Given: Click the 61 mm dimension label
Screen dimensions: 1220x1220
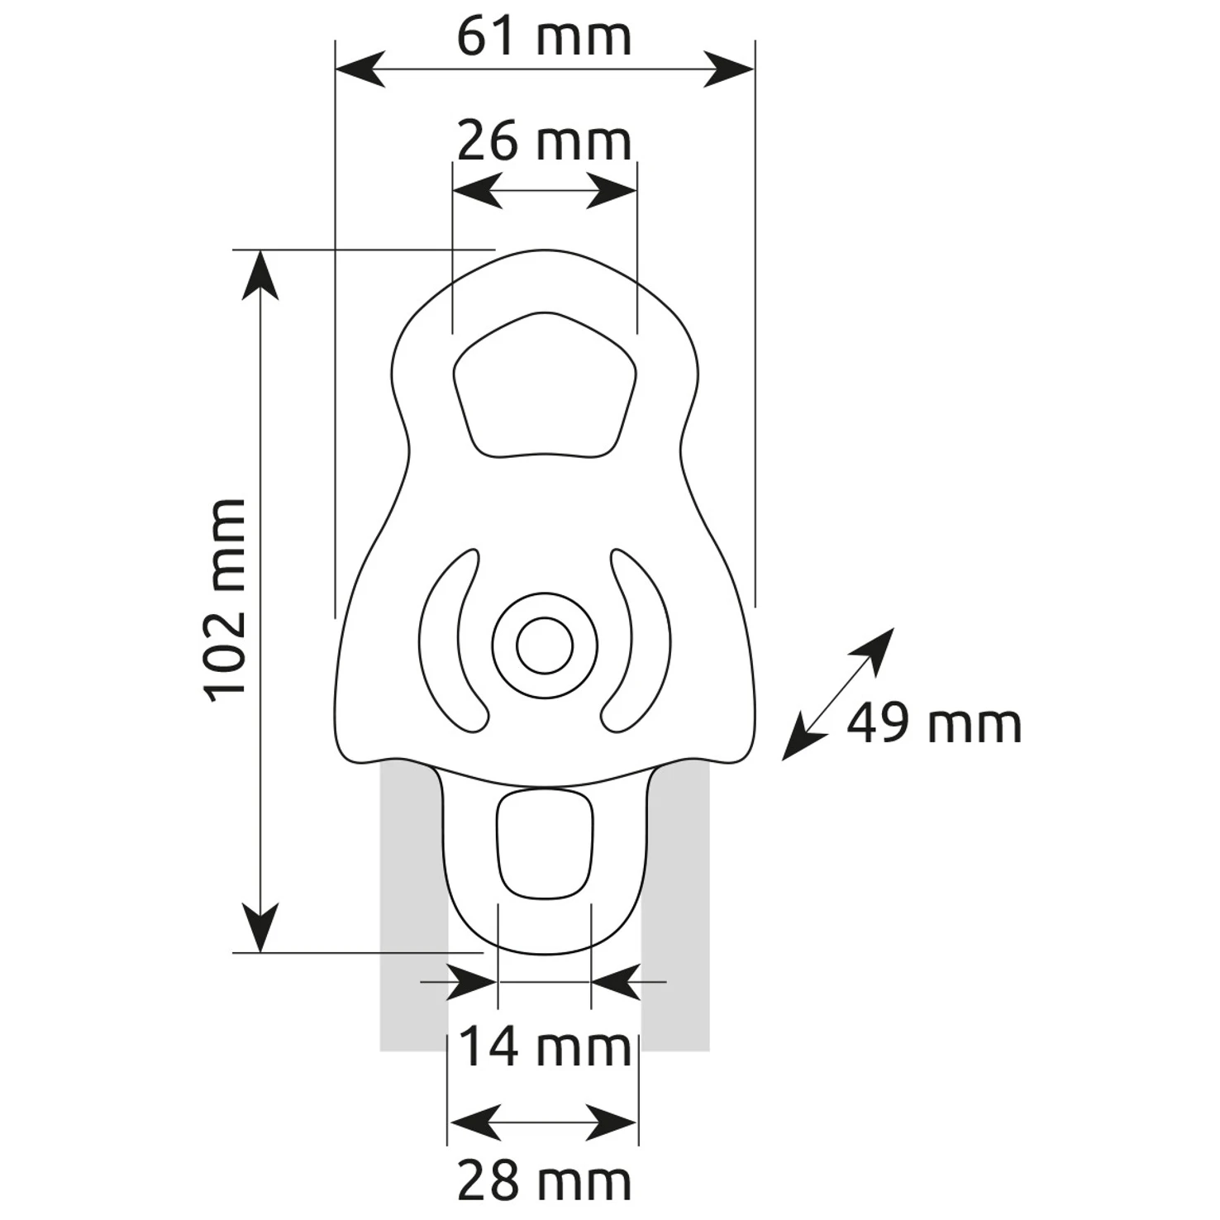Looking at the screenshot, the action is (544, 37).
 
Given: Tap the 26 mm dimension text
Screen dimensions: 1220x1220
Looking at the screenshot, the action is (544, 141).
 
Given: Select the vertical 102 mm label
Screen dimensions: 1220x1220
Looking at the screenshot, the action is (226, 601).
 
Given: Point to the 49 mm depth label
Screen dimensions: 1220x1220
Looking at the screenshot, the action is (934, 724).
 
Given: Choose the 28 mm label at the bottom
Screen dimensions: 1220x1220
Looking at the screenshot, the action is (544, 1182).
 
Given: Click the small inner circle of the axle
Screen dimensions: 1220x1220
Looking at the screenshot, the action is (545, 645).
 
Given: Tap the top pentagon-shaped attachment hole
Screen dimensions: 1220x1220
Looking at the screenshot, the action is (545, 384).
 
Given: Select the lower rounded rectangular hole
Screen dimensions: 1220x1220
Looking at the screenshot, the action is (545, 843).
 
